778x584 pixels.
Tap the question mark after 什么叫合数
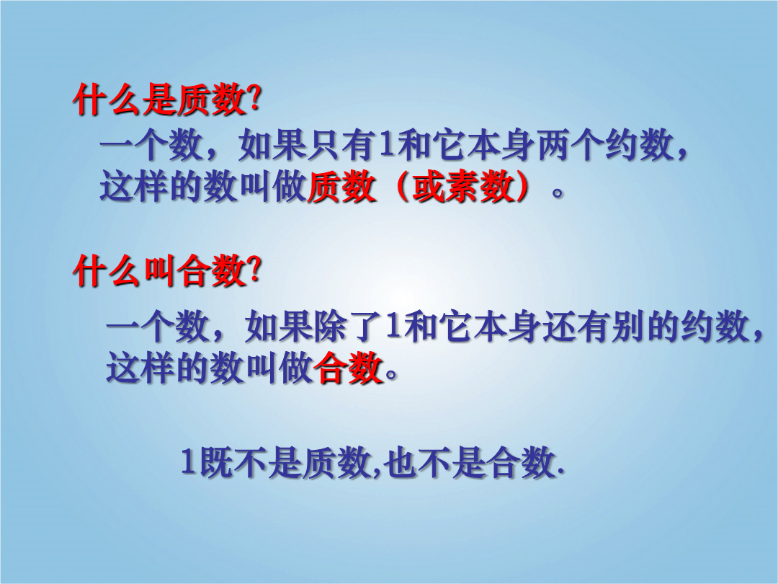point(254,270)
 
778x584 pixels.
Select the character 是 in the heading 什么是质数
point(159,100)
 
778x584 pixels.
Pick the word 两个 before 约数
point(571,146)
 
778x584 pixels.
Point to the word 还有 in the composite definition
point(577,327)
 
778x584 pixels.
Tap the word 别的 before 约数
point(646,327)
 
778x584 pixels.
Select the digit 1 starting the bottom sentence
point(188,462)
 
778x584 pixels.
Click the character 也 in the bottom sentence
point(399,462)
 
